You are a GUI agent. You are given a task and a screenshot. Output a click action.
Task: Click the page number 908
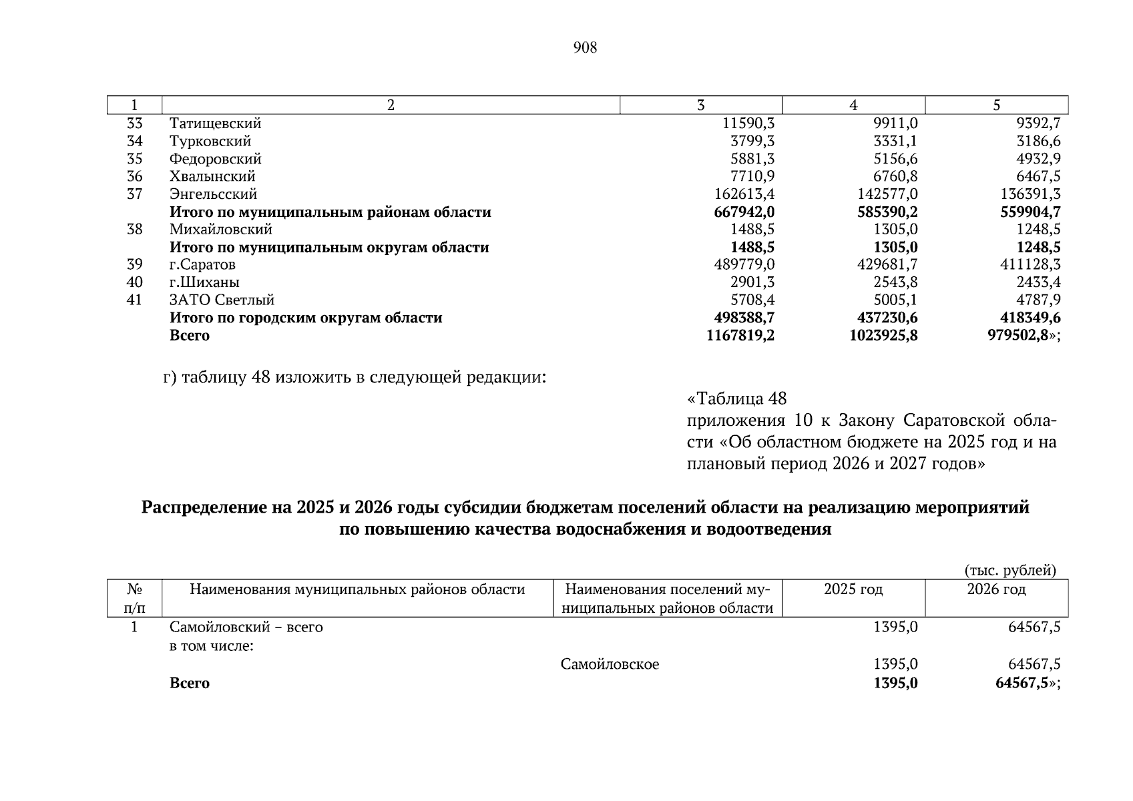pyautogui.click(x=585, y=47)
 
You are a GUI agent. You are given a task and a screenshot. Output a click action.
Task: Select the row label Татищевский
pyautogui.click(x=215, y=123)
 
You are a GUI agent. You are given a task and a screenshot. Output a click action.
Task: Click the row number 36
pyautogui.click(x=135, y=176)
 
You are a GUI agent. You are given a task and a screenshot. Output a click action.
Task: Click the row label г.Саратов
pyautogui.click(x=202, y=264)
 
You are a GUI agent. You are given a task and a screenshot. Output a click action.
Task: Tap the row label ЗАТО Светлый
pyautogui.click(x=222, y=300)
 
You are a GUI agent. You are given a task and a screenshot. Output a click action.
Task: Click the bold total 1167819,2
pyautogui.click(x=740, y=335)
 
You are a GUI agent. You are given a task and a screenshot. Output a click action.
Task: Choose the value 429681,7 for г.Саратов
pyautogui.click(x=887, y=264)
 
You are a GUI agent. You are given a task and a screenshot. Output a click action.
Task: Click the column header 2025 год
pyautogui.click(x=853, y=589)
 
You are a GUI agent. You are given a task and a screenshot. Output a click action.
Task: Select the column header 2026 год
pyautogui.click(x=996, y=589)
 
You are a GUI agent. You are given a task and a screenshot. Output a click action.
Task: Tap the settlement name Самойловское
pyautogui.click(x=610, y=664)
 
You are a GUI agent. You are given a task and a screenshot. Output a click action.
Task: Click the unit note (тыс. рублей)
pyautogui.click(x=1010, y=570)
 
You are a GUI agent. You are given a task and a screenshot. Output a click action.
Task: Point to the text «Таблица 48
pyautogui.click(x=737, y=399)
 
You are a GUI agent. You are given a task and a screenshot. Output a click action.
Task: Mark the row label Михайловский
pyautogui.click(x=221, y=230)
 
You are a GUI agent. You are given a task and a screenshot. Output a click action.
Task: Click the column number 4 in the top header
pyautogui.click(x=853, y=105)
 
